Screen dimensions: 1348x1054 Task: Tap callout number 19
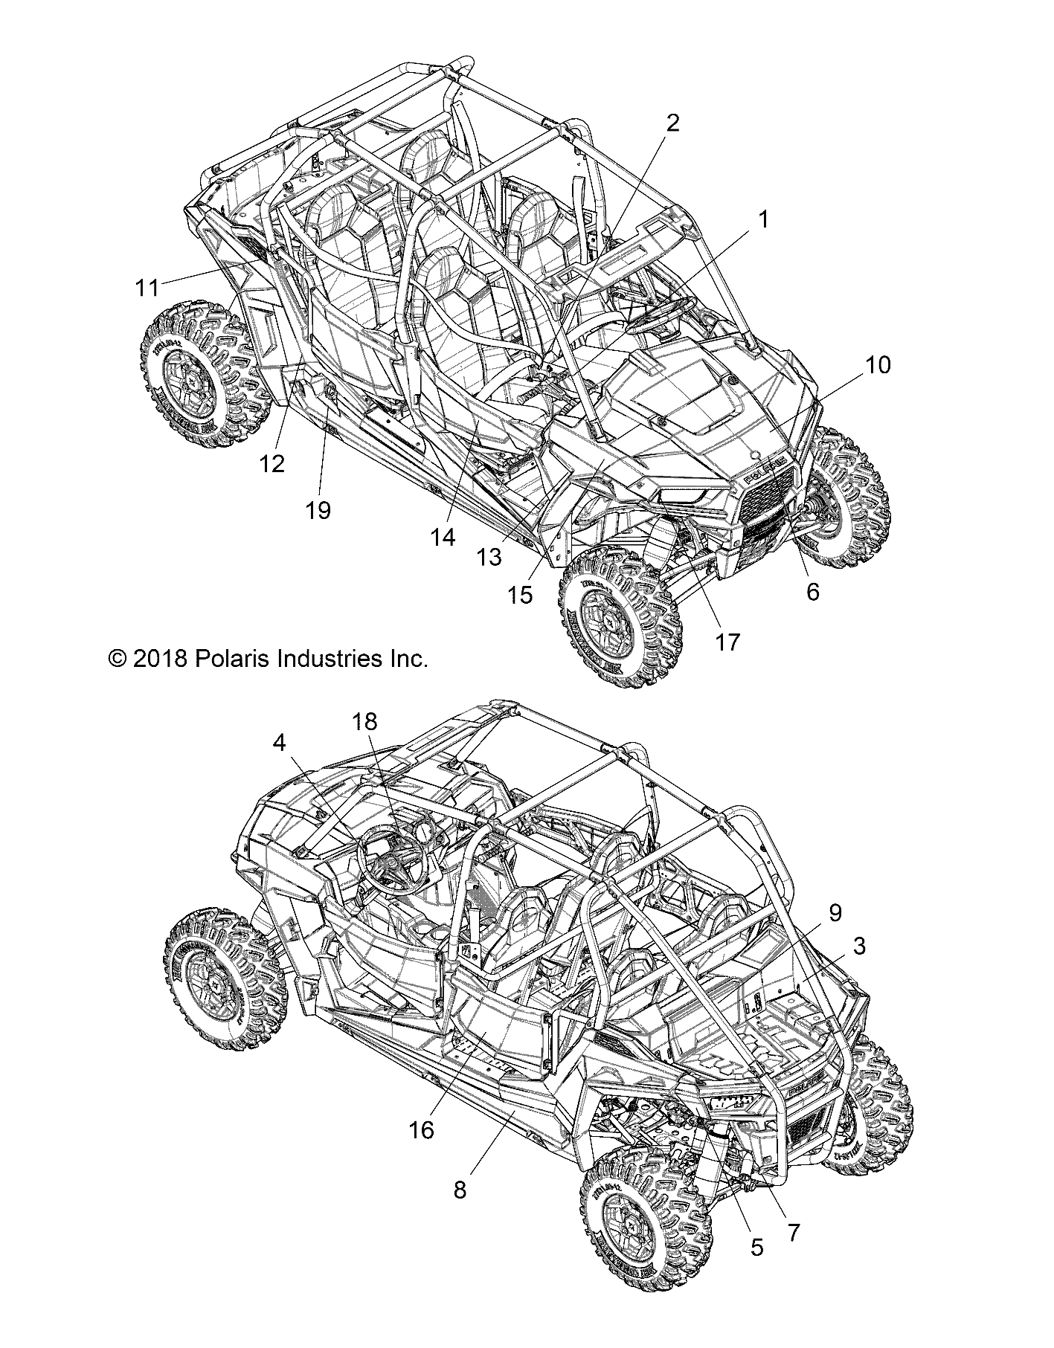318,511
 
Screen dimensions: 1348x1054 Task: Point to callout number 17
727,641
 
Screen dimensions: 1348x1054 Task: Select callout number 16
420,1150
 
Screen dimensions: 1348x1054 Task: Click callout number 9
835,912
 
